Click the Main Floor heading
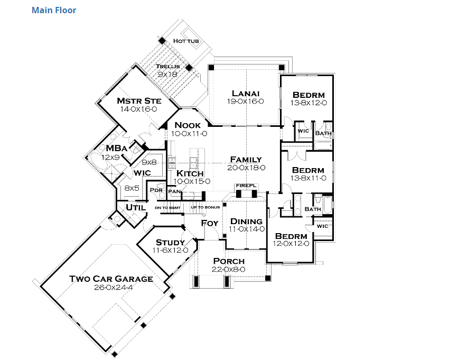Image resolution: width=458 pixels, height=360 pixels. (x=54, y=10)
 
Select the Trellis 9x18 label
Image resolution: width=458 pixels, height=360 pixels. (x=167, y=70)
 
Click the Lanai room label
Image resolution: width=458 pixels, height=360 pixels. (x=245, y=93)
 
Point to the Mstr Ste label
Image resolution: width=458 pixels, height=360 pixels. (x=138, y=100)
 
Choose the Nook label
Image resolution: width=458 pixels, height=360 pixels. (x=189, y=125)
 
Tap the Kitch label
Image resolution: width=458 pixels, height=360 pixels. (x=190, y=173)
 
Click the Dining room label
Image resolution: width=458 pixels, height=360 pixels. (x=246, y=221)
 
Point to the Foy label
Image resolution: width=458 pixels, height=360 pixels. (x=210, y=223)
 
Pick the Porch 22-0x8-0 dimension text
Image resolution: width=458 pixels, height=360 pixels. (x=229, y=269)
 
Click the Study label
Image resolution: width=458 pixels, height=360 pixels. (x=170, y=242)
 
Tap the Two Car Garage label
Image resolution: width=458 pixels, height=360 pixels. (x=111, y=279)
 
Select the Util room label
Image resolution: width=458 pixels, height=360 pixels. (x=136, y=208)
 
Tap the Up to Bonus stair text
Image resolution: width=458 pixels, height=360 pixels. (x=205, y=207)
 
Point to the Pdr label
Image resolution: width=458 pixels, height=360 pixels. (x=156, y=190)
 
